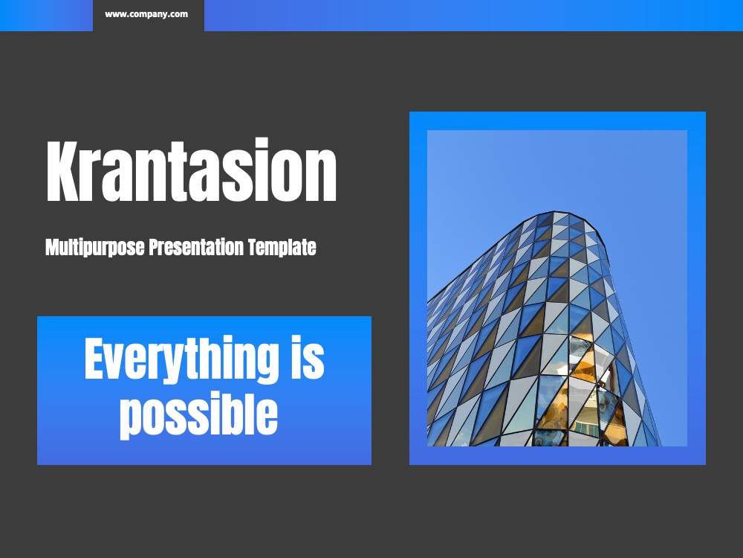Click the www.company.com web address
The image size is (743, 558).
click(146, 14)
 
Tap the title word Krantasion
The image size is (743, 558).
click(192, 170)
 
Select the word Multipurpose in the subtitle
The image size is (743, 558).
click(95, 248)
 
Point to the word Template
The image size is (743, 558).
click(282, 248)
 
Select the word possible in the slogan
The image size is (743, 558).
click(198, 414)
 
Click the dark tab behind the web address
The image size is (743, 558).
click(149, 15)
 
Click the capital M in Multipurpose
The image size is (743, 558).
click(52, 247)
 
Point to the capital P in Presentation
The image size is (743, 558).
click(155, 247)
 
